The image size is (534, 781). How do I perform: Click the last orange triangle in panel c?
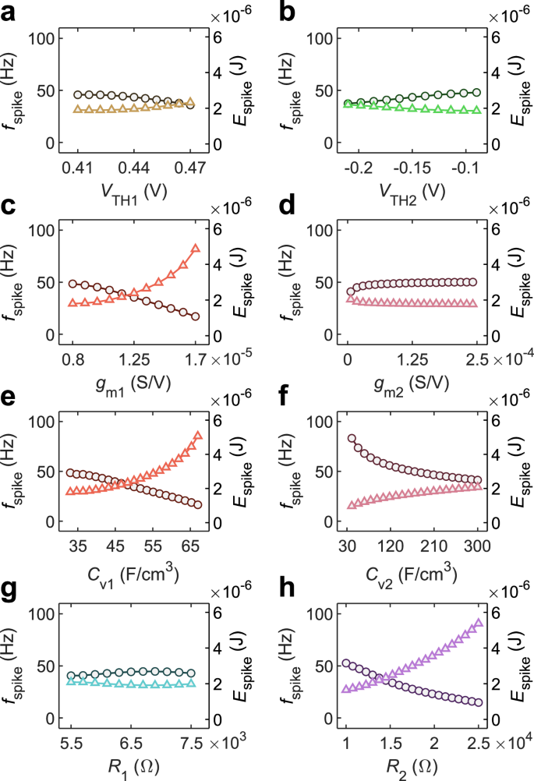196,248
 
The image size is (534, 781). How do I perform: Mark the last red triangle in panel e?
197,435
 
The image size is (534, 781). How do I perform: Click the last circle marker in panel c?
195,316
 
